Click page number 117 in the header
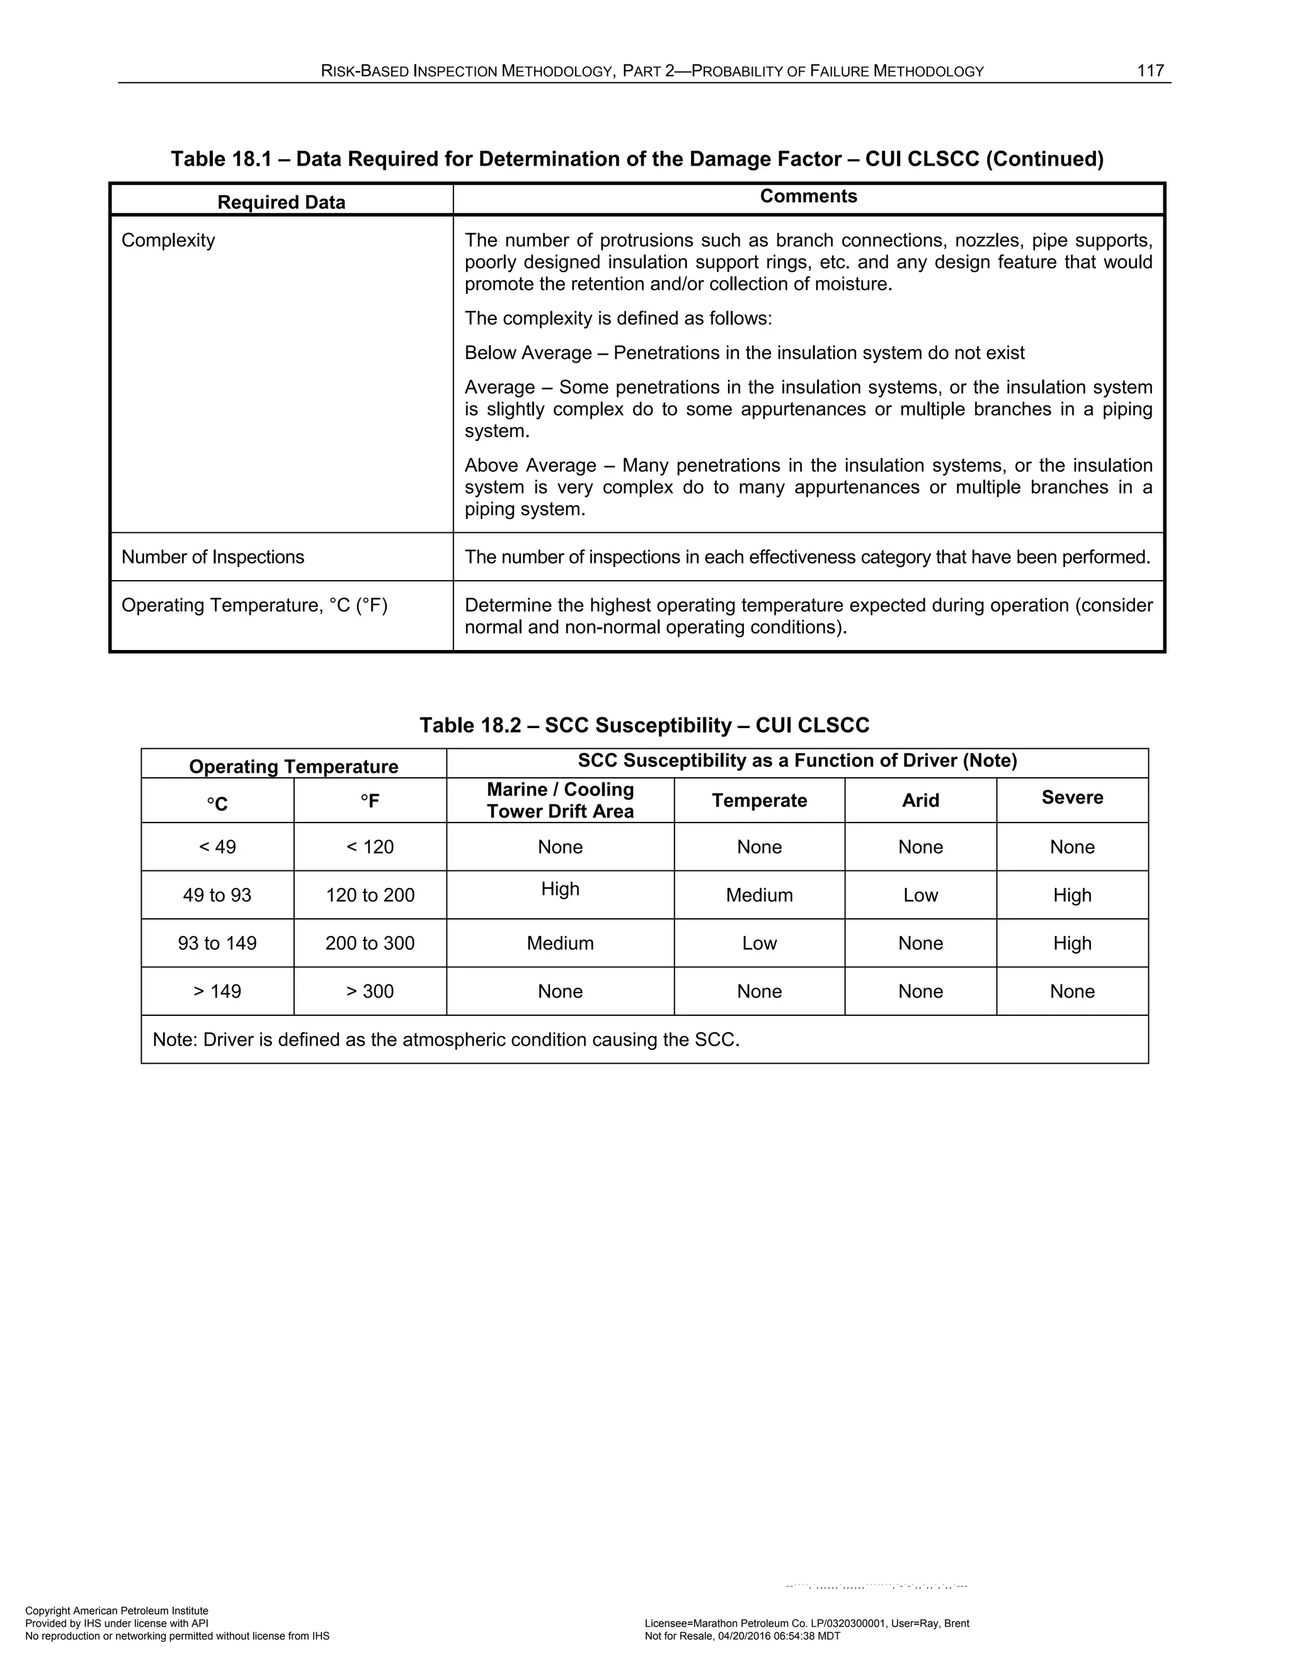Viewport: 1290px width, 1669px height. [x=1150, y=71]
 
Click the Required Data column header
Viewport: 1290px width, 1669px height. [x=281, y=203]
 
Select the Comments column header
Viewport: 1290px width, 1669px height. [x=809, y=197]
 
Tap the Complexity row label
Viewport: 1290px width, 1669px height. [x=168, y=241]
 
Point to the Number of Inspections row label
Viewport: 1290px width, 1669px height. [x=212, y=557]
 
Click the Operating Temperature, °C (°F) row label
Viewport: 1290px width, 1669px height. [x=254, y=605]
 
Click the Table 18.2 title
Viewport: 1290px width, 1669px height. [x=644, y=725]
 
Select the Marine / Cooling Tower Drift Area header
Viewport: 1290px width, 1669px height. [x=560, y=800]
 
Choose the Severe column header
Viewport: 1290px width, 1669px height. [x=1072, y=798]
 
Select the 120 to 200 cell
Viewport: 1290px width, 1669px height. [x=370, y=895]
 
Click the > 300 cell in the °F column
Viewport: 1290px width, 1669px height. [x=370, y=991]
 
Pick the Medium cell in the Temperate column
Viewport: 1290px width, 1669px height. [x=759, y=895]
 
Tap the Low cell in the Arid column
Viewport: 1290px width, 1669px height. [x=920, y=895]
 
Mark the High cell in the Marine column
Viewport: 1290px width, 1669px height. [x=560, y=889]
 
